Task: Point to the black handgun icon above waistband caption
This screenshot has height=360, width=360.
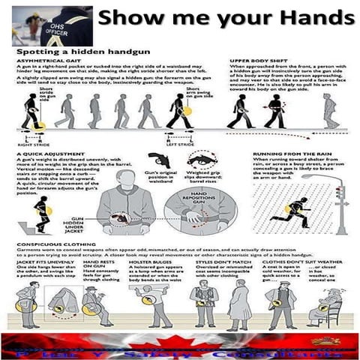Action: [159, 160]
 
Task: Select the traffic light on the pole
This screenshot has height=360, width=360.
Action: [340, 193]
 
